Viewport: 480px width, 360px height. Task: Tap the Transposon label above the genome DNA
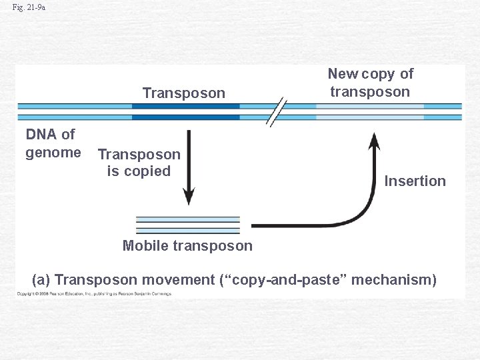(x=184, y=93)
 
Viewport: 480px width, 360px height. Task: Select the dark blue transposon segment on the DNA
(x=185, y=111)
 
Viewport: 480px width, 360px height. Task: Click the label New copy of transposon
(x=370, y=83)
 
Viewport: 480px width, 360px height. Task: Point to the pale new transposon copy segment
(x=369, y=111)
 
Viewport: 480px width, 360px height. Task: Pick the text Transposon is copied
(x=139, y=163)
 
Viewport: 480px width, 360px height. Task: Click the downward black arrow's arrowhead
(x=189, y=197)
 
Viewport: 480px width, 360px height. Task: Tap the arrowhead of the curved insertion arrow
(x=375, y=141)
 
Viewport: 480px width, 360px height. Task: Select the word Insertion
(x=415, y=181)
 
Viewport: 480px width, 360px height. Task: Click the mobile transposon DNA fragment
(x=187, y=225)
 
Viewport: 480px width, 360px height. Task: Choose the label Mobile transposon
(x=187, y=245)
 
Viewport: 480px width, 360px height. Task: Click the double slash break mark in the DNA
(x=277, y=111)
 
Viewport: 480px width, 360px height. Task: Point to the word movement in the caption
(x=183, y=279)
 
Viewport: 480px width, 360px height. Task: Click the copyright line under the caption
(x=93, y=294)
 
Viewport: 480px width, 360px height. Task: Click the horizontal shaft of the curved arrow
(x=300, y=225)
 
